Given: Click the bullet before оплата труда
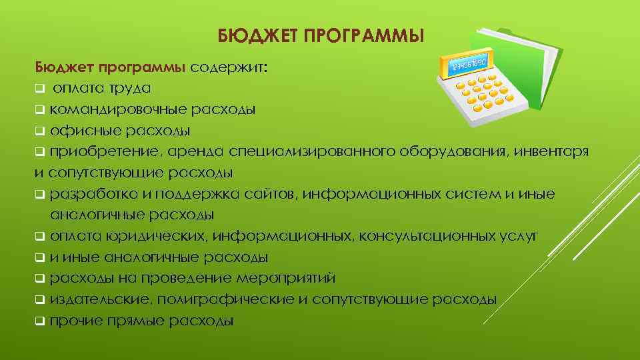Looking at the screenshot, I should (40, 88).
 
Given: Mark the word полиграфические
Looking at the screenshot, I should (221, 299).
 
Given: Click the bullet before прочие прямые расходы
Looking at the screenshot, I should (40, 321).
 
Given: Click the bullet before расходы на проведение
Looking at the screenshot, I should (40, 278).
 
